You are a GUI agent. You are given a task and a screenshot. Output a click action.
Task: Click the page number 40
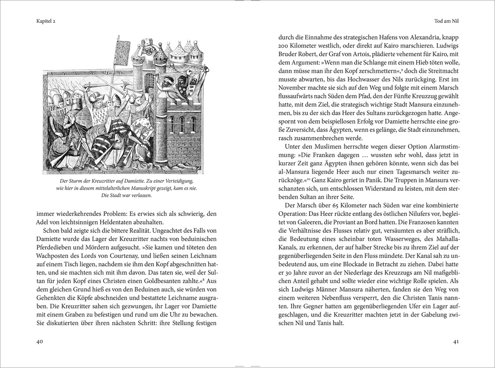40,341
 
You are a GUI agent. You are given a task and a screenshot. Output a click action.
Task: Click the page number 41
456,341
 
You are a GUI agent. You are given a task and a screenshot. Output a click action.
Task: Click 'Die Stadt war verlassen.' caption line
127,195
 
